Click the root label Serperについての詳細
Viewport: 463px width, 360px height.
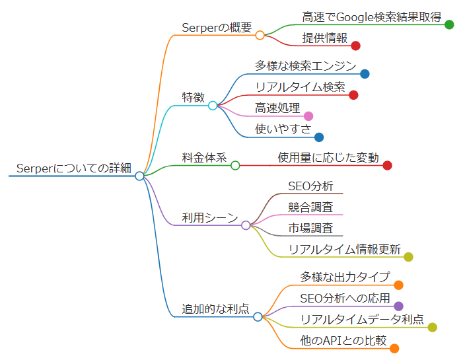pos(73,168)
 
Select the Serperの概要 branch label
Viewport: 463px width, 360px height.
pos(217,27)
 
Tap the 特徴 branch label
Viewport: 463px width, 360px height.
pos(193,97)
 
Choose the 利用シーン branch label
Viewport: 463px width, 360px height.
pos(209,217)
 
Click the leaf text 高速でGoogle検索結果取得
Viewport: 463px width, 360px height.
pos(372,17)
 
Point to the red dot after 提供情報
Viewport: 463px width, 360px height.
pos(355,46)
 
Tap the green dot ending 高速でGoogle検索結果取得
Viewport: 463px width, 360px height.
pos(449,24)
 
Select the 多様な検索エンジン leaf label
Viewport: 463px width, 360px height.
pos(305,66)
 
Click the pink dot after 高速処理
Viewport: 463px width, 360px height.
pos(308,116)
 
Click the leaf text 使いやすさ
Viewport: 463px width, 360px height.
pos(283,129)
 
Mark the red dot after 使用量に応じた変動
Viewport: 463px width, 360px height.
pos(387,165)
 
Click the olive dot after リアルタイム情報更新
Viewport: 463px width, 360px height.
pos(408,257)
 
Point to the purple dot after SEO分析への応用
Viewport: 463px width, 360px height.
pos(398,306)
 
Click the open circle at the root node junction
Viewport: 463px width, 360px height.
pos(139,176)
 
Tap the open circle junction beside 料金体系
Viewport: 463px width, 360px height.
pos(235,165)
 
